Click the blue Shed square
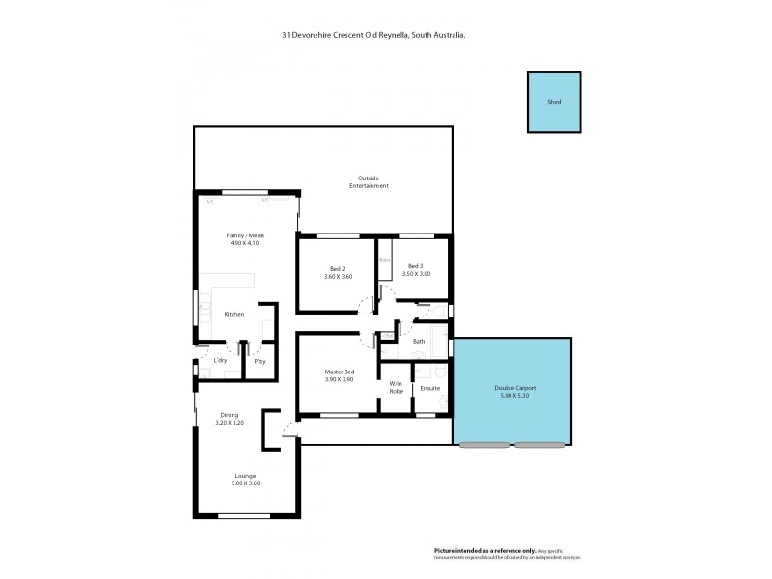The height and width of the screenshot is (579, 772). [x=554, y=102]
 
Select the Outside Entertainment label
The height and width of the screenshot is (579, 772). [x=372, y=181]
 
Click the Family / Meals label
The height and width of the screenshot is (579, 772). [x=245, y=235]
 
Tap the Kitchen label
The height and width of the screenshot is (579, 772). [x=234, y=315]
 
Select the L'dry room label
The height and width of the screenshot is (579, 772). [x=220, y=361]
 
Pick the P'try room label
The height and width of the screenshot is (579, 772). [x=260, y=361]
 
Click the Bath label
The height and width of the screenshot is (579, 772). [x=419, y=342]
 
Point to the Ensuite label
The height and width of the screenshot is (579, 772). [x=430, y=388]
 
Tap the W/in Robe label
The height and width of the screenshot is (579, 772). [x=397, y=389]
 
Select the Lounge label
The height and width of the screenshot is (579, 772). [x=245, y=476]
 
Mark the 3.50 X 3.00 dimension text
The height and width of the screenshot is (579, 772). [x=417, y=274]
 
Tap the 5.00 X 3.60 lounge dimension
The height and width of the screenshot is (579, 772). [x=245, y=483]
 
